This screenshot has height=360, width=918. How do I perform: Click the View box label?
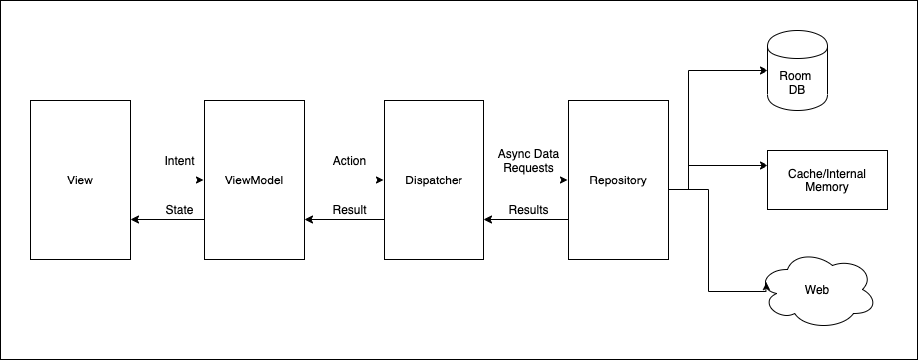[80, 180]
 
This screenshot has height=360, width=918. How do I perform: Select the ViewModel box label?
[254, 180]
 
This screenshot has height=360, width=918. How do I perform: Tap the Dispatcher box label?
[435, 180]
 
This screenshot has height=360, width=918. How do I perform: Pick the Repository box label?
[617, 180]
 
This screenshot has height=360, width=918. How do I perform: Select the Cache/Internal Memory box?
[826, 180]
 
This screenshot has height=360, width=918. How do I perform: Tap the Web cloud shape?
[816, 291]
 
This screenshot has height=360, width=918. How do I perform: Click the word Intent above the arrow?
[179, 161]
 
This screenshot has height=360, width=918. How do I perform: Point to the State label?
[179, 210]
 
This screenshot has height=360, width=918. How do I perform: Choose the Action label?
[349, 161]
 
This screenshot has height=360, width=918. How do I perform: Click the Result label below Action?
[349, 210]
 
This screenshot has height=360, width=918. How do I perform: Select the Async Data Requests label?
[528, 160]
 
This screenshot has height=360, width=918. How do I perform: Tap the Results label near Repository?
[528, 210]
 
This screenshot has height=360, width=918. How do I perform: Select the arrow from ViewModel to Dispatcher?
[344, 180]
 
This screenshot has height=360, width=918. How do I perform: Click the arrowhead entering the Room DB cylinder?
[762, 71]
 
